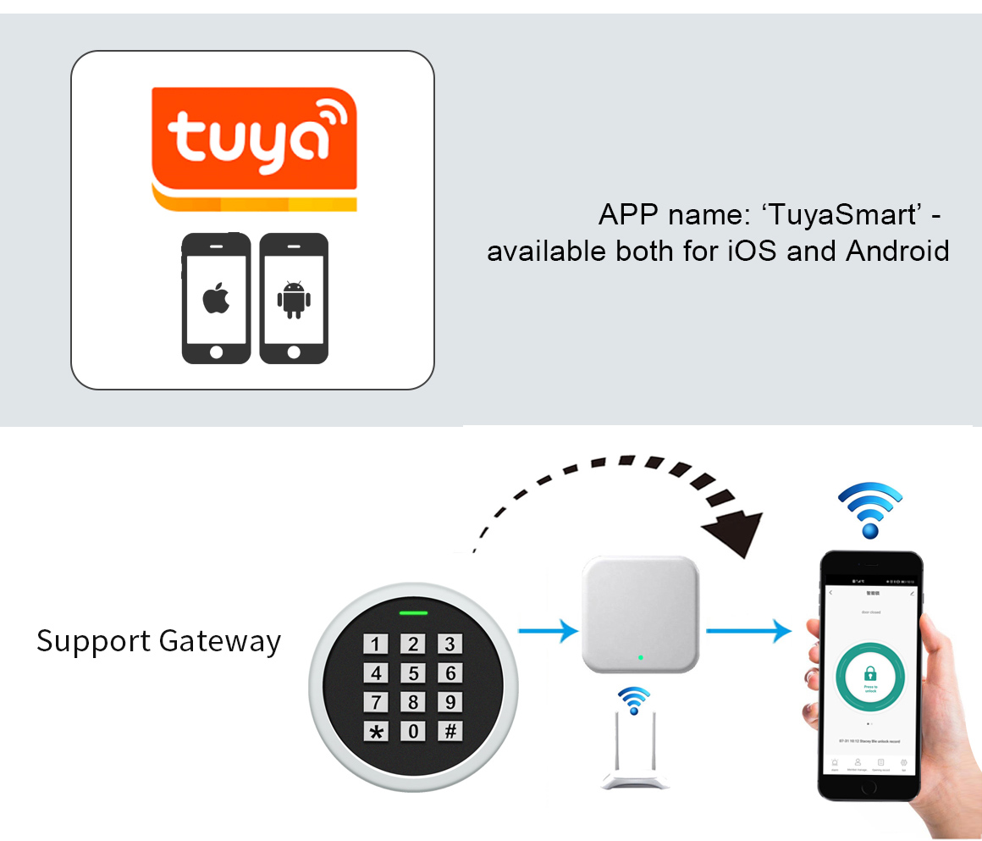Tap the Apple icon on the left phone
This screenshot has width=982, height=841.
pos(216,299)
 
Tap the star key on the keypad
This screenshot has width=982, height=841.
pos(377,731)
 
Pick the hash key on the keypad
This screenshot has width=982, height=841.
pos(450,730)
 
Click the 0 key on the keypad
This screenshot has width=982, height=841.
pos(414,731)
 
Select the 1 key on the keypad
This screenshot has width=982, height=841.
pos(377,645)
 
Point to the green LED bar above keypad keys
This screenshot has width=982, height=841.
pos(414,613)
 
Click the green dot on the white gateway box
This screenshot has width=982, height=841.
pos(641,657)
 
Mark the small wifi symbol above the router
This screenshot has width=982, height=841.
pos(633,701)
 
